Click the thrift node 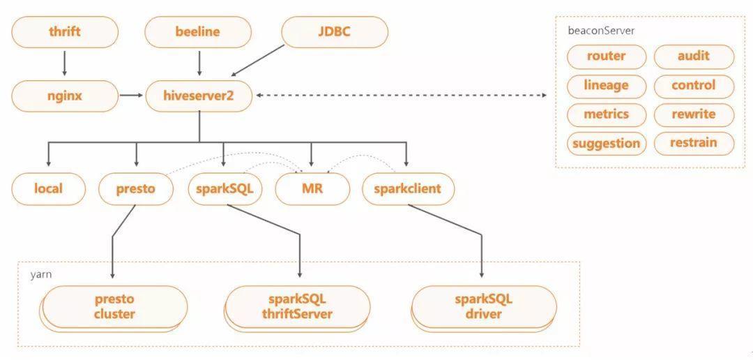[64, 32]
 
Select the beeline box [198, 32]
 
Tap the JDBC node [334, 32]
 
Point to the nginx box [64, 96]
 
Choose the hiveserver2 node [198, 96]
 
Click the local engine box [49, 189]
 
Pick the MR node [312, 189]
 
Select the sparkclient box [408, 189]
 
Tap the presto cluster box [114, 307]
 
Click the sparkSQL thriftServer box [297, 307]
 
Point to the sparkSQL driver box [484, 307]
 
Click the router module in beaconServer [607, 57]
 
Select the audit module [694, 57]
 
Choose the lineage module [607, 86]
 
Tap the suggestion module [607, 143]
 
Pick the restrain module [694, 143]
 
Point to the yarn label [41, 275]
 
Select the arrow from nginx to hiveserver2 [131, 95]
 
